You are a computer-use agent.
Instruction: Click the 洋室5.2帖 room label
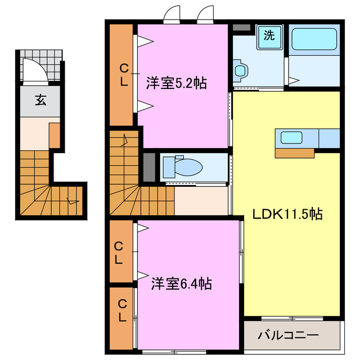pyautogui.click(x=177, y=83)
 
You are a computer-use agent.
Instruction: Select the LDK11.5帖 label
pyautogui.click(x=287, y=214)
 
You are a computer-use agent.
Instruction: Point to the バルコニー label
pyautogui.click(x=288, y=336)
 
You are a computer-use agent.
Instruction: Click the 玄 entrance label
pyautogui.click(x=40, y=101)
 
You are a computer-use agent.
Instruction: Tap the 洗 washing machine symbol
pyautogui.click(x=269, y=36)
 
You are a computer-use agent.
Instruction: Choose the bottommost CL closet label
pyautogui.click(x=121, y=312)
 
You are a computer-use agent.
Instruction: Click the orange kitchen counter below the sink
pyautogui.click(x=295, y=152)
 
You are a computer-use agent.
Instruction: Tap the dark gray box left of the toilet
pyautogui.click(x=148, y=166)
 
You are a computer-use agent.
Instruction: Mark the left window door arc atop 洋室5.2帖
pyautogui.click(x=171, y=13)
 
